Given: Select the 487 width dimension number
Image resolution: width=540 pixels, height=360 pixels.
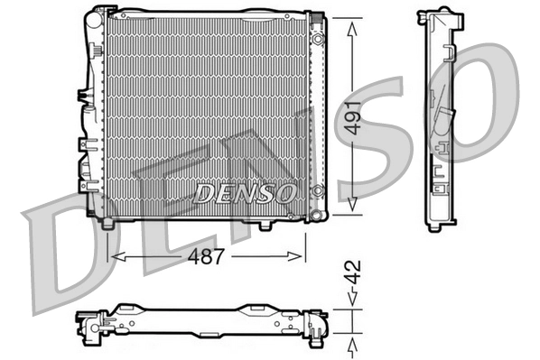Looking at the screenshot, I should tap(207, 256).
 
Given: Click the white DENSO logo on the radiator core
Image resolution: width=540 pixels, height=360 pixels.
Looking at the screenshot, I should tap(244, 191).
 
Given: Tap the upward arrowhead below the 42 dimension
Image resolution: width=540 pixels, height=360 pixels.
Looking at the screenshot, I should tap(350, 340).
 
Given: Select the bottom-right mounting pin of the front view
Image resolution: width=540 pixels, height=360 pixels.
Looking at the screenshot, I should tap(265, 224).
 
